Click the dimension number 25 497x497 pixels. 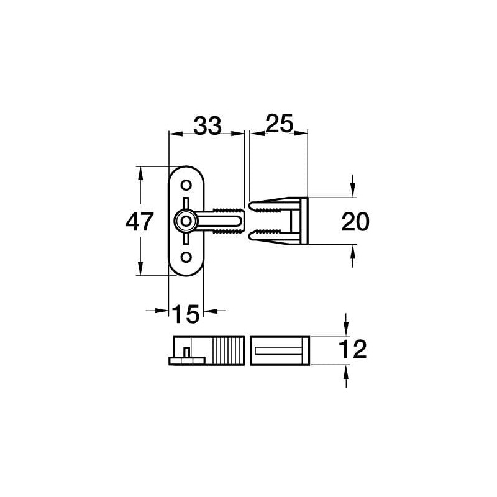click(x=279, y=124)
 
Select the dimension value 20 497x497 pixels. click(x=355, y=222)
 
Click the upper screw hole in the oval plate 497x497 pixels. click(x=186, y=185)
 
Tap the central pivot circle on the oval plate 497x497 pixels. click(x=185, y=221)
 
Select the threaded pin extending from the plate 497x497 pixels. click(x=227, y=221)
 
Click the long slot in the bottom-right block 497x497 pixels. click(x=279, y=351)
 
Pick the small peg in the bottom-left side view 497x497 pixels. click(x=186, y=353)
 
